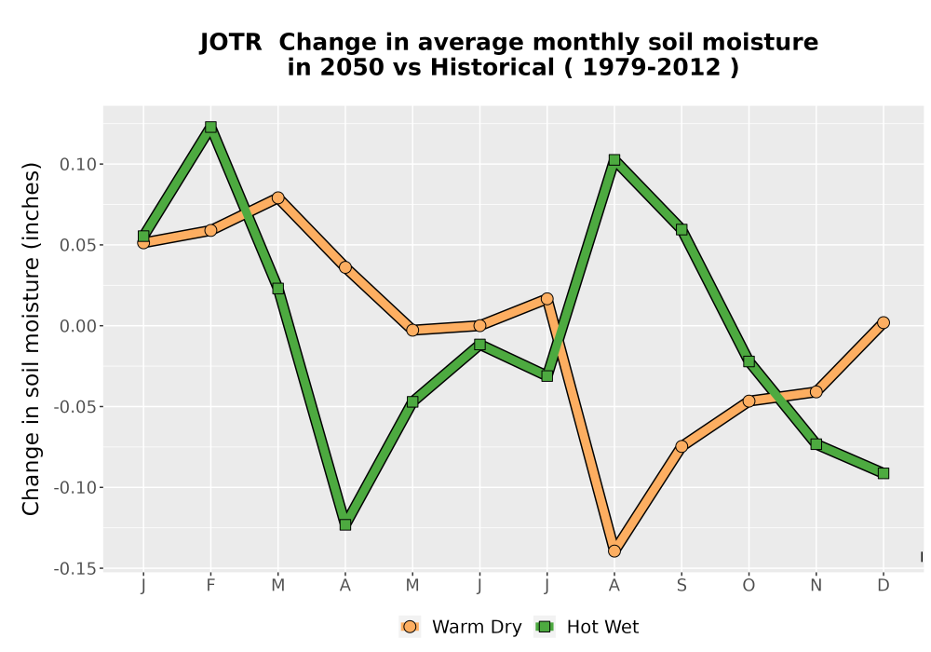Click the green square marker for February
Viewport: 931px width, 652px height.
click(210, 127)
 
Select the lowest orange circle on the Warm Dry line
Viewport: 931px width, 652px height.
click(614, 551)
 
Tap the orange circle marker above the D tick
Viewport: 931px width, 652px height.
click(884, 323)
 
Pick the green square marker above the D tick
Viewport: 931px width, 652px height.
click(884, 473)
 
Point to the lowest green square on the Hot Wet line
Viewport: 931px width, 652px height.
click(345, 525)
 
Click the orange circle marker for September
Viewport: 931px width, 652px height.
click(681, 446)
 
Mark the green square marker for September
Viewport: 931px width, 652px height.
click(681, 230)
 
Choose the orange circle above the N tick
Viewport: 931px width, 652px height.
click(816, 392)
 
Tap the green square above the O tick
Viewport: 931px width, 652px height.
click(749, 361)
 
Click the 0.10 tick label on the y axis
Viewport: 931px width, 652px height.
click(78, 165)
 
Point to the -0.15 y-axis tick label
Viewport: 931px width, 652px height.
click(74, 569)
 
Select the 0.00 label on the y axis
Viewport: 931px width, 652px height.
click(78, 326)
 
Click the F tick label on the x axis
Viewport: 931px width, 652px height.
click(210, 586)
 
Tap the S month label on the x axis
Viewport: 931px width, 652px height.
click(681, 586)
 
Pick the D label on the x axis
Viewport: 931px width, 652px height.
click(884, 586)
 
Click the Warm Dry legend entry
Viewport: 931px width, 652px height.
click(461, 627)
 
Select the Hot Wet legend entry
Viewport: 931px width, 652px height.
click(587, 627)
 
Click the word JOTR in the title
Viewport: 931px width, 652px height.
click(231, 43)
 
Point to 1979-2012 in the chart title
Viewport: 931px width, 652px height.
click(652, 68)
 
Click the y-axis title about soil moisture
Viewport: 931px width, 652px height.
click(31, 338)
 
